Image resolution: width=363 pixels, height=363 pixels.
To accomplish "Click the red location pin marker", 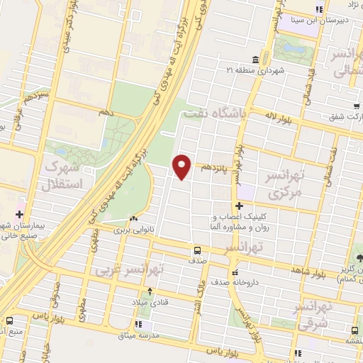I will point(183,166).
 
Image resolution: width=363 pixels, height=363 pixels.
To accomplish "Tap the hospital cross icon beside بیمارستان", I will point(18,213).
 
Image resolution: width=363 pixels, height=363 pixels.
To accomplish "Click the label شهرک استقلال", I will point(63,174).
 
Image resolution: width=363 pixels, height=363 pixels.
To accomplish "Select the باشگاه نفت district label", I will point(214,112).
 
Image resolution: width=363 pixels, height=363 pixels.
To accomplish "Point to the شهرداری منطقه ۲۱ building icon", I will point(255,60).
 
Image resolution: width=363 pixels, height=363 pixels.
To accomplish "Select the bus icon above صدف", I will point(197,250).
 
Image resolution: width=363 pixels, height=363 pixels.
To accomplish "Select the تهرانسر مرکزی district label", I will point(283,184).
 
